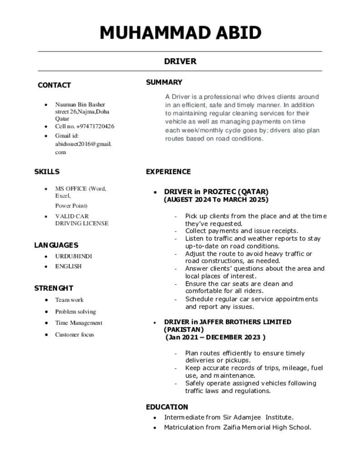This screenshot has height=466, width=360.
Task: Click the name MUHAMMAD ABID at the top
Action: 180,33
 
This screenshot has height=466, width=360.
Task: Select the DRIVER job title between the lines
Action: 180,61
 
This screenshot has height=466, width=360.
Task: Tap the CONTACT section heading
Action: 54,85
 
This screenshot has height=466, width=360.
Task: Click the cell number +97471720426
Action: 95,127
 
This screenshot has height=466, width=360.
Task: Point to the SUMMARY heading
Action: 164,82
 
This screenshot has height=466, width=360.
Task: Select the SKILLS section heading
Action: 47,172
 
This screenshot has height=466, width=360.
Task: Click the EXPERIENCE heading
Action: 168,172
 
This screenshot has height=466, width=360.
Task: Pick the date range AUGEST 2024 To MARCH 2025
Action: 216,200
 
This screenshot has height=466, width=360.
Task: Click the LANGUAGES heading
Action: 56,245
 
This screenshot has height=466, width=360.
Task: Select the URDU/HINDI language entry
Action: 73,256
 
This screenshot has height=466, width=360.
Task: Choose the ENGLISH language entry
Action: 68,266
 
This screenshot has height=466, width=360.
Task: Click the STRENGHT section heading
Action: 54,288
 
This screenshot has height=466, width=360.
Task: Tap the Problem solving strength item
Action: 76,312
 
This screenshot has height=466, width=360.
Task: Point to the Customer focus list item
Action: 75,334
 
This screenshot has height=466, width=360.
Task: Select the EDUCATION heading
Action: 167,407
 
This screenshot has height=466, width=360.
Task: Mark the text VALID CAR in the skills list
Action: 72,216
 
